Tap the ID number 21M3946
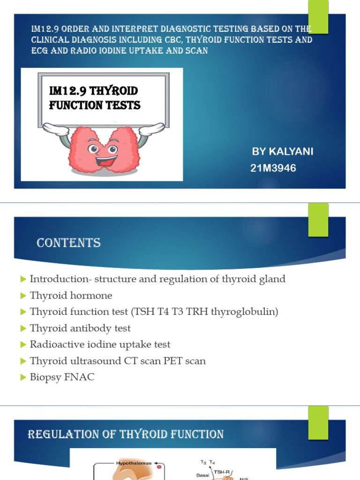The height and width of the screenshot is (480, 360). point(273,168)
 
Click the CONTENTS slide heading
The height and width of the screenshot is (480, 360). point(68,243)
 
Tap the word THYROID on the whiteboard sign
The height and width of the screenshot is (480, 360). point(120,90)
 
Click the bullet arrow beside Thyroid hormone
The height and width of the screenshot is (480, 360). point(23,296)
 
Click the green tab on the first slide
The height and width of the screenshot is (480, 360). point(318,16)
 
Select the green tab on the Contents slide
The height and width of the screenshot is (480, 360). point(318,219)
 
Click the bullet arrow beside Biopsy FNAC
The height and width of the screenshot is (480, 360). point(23,377)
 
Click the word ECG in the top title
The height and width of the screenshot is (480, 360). point(40,51)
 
